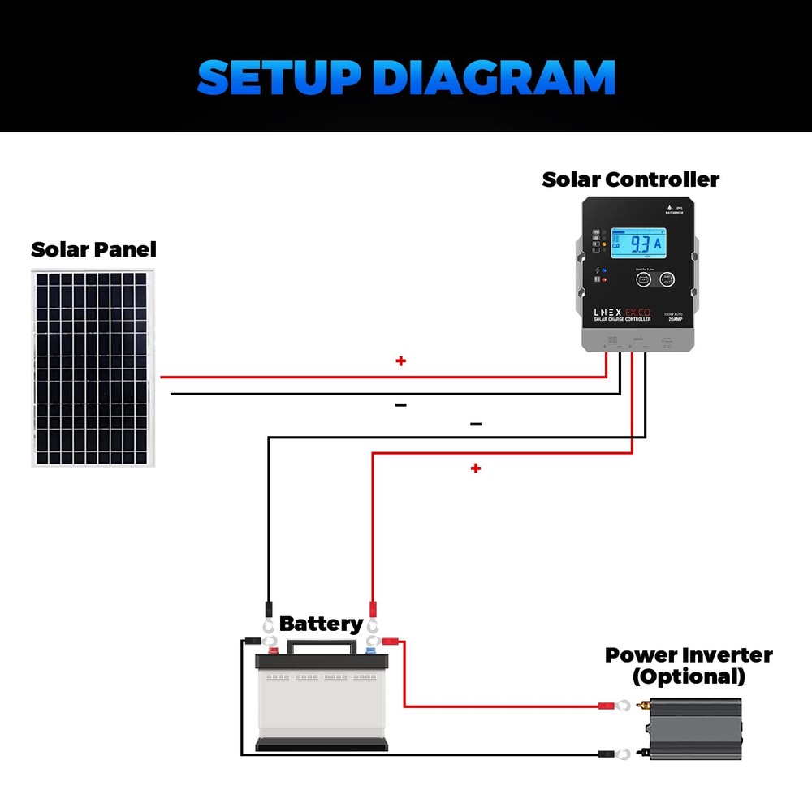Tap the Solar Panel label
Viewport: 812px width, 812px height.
click(x=93, y=249)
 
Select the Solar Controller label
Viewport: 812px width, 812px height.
click(x=630, y=179)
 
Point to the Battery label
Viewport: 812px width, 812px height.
click(x=320, y=624)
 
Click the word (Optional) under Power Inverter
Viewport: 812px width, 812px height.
click(x=688, y=676)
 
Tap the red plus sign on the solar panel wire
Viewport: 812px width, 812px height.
click(x=400, y=361)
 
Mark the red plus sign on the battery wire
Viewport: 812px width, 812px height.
click(x=476, y=469)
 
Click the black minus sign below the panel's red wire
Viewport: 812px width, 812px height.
click(x=400, y=404)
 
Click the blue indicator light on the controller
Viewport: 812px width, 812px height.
click(x=604, y=270)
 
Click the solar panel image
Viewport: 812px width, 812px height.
click(x=93, y=367)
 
